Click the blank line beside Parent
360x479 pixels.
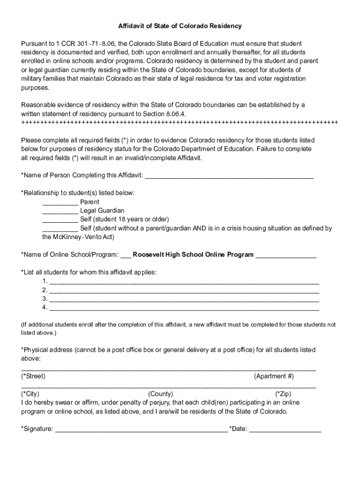[60, 202]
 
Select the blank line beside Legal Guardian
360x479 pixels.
[60, 211]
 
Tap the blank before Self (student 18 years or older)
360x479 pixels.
[60, 219]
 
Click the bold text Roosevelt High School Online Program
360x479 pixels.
[193, 255]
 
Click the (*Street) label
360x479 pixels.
[34, 377]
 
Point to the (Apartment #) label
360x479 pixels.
[274, 377]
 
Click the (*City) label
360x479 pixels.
[30, 394]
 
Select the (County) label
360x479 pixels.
[160, 394]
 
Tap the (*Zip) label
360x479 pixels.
[283, 394]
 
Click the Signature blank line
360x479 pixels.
[141, 429]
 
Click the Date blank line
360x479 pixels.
[285, 429]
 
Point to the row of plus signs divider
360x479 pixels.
[180, 123]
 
